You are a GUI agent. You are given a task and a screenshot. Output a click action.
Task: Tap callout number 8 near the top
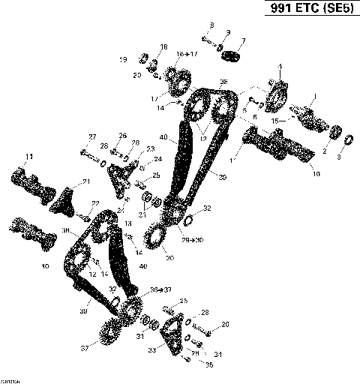coord(211,25)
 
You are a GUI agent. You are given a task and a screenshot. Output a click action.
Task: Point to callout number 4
coord(280,67)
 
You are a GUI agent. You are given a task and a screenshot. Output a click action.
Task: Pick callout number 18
coord(163,46)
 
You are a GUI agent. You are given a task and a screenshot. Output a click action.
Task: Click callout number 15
coord(274,120)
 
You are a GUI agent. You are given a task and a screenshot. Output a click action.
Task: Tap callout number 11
coord(29,156)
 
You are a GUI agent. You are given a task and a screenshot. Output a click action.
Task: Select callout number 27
coord(93,136)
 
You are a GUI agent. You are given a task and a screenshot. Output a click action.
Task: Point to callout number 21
coord(85,181)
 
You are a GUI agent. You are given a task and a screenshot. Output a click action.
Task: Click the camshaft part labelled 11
coord(31,183)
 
